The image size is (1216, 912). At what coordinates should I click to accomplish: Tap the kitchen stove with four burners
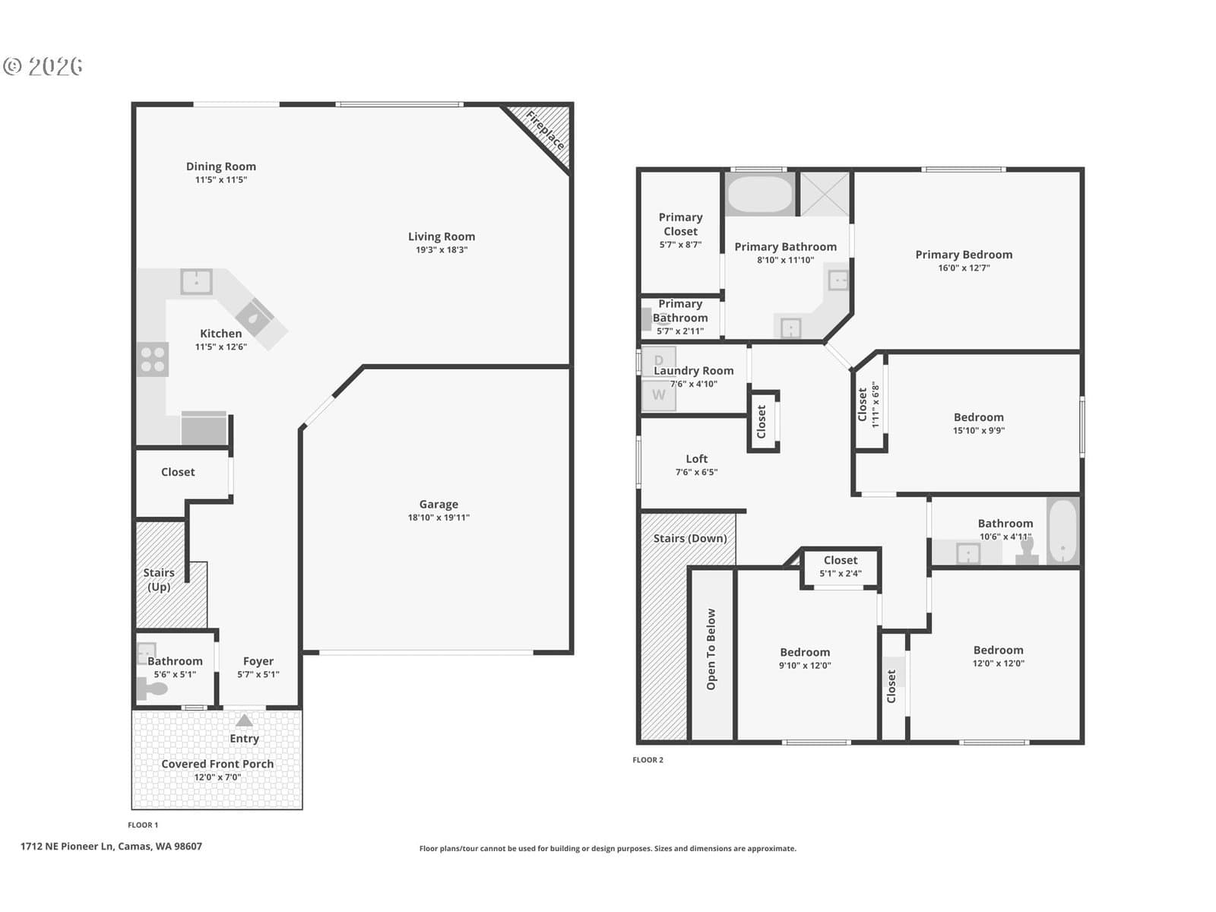point(152,359)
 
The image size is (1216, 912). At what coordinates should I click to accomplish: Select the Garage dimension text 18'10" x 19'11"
point(439,518)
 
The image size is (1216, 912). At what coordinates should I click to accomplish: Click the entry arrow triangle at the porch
point(244,720)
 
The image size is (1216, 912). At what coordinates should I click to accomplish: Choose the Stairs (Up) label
point(159,580)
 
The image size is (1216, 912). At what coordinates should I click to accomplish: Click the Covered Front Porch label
point(217,764)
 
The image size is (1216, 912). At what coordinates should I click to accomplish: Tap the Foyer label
point(258,661)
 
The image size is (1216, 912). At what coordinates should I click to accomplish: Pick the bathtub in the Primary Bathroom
point(760,194)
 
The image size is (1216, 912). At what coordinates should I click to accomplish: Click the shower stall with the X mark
point(825,194)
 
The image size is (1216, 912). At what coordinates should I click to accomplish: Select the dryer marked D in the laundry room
point(659,361)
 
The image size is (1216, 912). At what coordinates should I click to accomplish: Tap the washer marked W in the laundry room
point(659,395)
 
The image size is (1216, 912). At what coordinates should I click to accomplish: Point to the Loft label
point(696,458)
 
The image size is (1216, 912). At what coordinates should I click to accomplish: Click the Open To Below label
point(711,649)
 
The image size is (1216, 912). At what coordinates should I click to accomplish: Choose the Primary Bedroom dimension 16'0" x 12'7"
point(964,268)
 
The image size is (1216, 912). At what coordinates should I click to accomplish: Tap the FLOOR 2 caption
point(648,760)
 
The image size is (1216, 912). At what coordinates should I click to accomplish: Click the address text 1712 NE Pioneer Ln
point(67,846)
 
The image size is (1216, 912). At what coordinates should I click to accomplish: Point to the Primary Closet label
point(680,224)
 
